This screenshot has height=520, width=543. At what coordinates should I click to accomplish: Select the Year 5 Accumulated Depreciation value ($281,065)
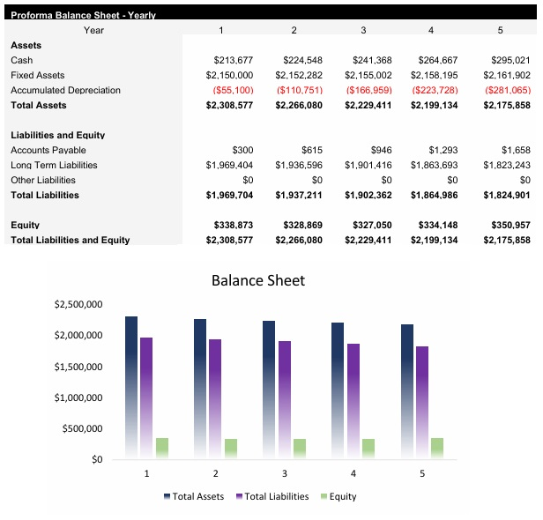tap(505, 90)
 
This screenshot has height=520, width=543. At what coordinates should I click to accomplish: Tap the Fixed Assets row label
tap(37, 75)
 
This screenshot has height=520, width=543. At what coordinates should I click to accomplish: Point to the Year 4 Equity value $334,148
tap(434, 225)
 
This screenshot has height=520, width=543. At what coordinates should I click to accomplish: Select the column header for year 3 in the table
tap(363, 30)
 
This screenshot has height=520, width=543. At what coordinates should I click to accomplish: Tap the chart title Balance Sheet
tap(257, 280)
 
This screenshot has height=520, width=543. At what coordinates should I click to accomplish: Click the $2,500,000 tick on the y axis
tap(78, 305)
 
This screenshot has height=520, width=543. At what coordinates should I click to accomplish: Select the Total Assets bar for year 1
tap(131, 388)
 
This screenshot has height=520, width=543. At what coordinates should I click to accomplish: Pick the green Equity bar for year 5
tap(437, 448)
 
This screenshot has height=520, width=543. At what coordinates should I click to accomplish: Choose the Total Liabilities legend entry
tap(272, 496)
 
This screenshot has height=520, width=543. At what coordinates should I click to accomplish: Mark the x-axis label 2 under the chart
tap(215, 473)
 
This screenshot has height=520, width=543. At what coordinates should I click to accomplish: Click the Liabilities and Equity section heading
tap(57, 135)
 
